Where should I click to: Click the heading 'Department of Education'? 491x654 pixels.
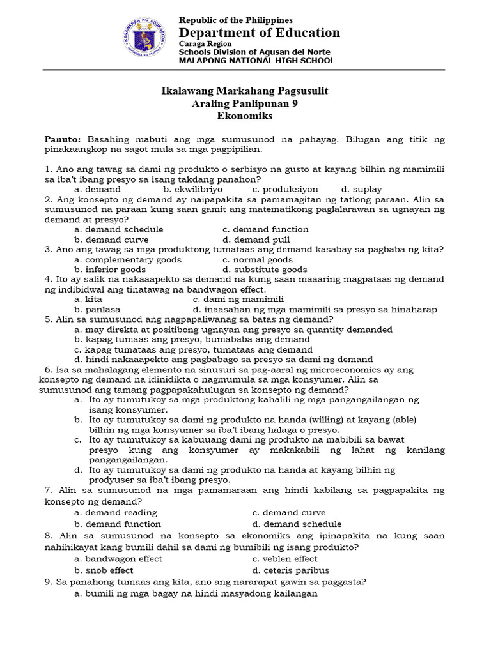pyautogui.click(x=259, y=33)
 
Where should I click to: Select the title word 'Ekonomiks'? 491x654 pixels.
pyautogui.click(x=245, y=116)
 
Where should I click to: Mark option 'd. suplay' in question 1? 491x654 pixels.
pyautogui.click(x=361, y=189)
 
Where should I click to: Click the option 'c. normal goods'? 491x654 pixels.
pyautogui.click(x=258, y=259)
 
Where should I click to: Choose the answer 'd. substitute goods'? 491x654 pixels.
pyautogui.click(x=265, y=270)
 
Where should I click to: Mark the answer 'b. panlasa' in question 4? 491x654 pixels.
pyautogui.click(x=97, y=309)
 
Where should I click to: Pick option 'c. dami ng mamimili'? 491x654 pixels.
pyautogui.click(x=238, y=299)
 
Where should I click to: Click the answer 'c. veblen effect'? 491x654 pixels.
pyautogui.click(x=284, y=558)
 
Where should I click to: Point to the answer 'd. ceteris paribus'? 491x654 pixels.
pyautogui.click(x=288, y=570)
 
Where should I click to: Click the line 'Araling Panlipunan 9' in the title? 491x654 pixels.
pyautogui.click(x=245, y=103)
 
